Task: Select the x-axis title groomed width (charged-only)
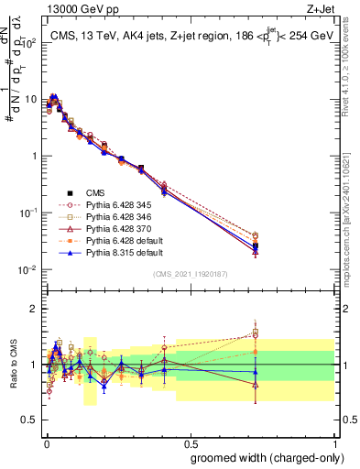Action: (265, 457)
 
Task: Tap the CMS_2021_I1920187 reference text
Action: (190, 275)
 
